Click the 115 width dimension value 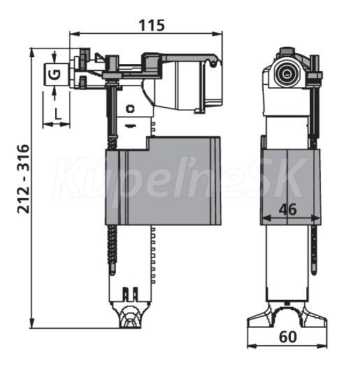tap(151, 25)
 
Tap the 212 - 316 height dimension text tap(23, 179)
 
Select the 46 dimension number tap(287, 209)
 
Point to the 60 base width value tap(288, 337)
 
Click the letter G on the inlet tap(56, 74)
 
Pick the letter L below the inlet tap(57, 114)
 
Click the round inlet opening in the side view tap(286, 74)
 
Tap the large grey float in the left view tap(163, 181)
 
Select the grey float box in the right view tap(290, 187)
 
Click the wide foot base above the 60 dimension tap(287, 315)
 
